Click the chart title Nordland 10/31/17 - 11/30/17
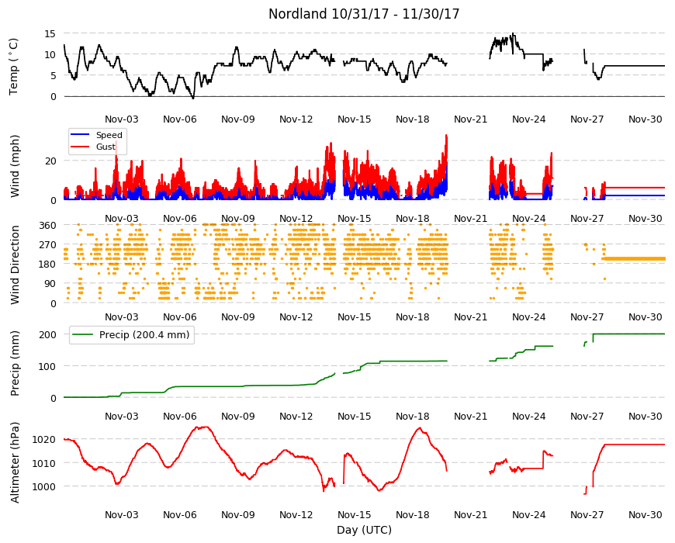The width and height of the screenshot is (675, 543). (x=364, y=14)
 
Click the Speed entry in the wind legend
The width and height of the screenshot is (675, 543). (x=109, y=135)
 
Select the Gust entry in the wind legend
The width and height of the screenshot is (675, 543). (x=106, y=147)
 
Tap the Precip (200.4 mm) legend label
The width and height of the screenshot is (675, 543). (x=144, y=335)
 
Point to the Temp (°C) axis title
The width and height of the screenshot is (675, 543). (x=14, y=66)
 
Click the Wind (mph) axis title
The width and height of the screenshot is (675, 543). (x=15, y=166)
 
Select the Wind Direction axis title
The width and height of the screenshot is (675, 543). (x=15, y=265)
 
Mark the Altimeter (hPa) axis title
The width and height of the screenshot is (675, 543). (x=15, y=462)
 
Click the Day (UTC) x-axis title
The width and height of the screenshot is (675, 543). (x=364, y=530)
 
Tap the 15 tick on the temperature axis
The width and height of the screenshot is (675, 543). (x=50, y=33)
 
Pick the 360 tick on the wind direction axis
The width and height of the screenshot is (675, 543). (x=48, y=226)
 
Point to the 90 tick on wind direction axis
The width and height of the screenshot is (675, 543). (x=50, y=284)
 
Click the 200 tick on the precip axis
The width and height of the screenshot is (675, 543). (x=48, y=335)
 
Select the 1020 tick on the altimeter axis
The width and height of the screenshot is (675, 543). (x=45, y=440)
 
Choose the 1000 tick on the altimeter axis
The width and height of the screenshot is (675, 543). (x=45, y=486)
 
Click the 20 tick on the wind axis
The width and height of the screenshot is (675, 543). (x=50, y=161)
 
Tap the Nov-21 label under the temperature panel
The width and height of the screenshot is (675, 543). (x=470, y=119)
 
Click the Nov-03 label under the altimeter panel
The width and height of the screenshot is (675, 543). (x=122, y=514)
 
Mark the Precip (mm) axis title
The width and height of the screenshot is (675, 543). (x=15, y=364)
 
